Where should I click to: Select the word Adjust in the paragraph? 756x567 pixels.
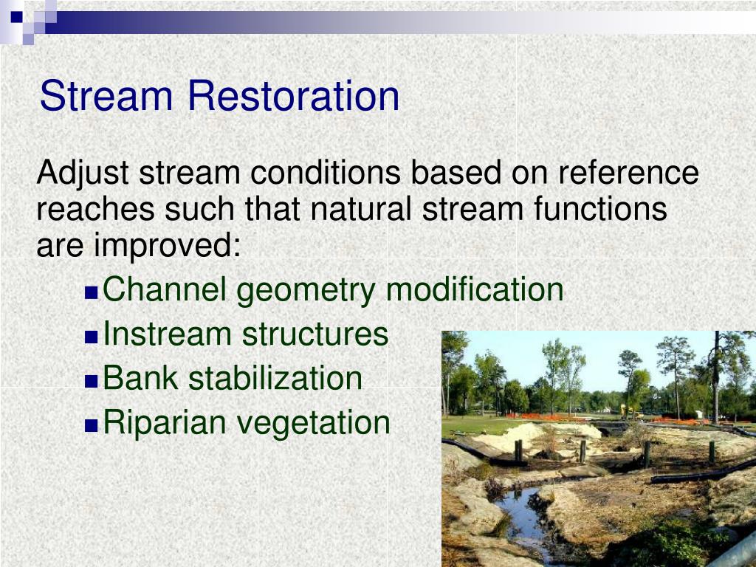coord(83,174)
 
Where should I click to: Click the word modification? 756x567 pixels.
coord(475,289)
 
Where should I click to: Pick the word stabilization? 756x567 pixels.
coord(275,378)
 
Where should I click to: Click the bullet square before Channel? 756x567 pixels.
coord(92,292)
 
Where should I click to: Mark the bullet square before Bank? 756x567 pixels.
coord(92,381)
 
